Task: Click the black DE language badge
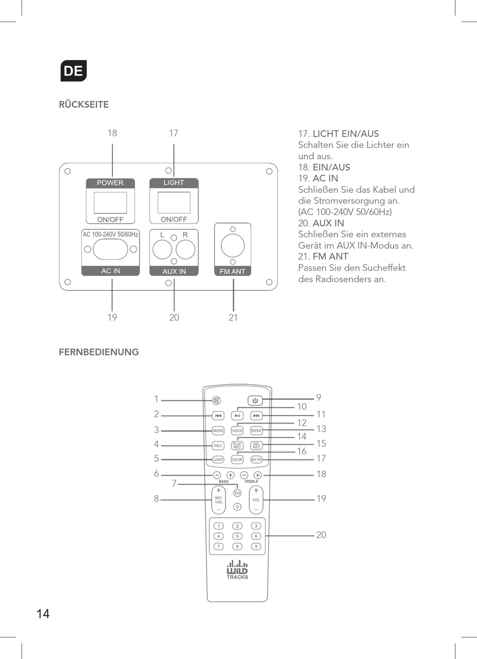point(73,71)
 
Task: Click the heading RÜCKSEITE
point(84,104)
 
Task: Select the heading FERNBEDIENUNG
point(99,352)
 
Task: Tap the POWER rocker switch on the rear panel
point(110,202)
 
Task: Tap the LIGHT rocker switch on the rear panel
point(174,202)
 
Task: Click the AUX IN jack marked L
point(162,249)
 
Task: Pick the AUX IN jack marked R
point(185,249)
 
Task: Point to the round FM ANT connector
point(233,246)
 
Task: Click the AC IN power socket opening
point(110,249)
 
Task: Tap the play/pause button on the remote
point(237,416)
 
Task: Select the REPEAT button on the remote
point(257,431)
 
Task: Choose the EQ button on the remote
point(237,493)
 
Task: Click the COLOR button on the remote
point(237,460)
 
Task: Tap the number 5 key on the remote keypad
point(237,536)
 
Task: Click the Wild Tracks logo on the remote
point(237,570)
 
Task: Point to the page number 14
point(43,614)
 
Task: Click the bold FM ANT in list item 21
point(330,256)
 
